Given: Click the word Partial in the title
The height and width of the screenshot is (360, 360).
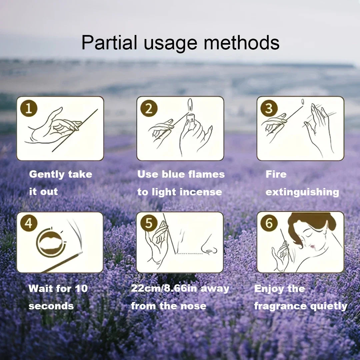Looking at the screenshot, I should [x=109, y=43].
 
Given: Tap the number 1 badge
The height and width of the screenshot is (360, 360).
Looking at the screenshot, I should [x=29, y=109].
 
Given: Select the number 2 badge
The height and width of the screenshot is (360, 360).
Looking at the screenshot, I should [x=149, y=109].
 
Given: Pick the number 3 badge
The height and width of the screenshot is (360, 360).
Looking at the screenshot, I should [x=269, y=109].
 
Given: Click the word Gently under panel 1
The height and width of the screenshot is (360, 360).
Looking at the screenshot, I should [x=47, y=174].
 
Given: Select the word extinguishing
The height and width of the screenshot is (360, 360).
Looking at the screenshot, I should [x=302, y=192].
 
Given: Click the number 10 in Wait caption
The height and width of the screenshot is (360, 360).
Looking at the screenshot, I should [x=81, y=288].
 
